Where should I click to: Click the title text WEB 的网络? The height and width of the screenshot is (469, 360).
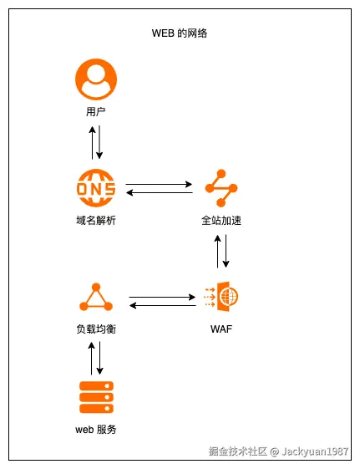(180, 33)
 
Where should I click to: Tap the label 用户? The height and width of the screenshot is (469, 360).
(95, 111)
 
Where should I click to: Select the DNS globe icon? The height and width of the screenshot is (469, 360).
(95, 188)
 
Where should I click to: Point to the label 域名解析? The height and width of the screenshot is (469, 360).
(95, 221)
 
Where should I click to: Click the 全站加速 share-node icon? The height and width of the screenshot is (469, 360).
(221, 188)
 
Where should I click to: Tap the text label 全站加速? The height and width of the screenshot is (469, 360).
(221, 221)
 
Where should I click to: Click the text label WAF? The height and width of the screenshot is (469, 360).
(221, 329)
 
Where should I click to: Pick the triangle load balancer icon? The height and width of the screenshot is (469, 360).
(95, 298)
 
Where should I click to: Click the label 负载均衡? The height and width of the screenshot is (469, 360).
(95, 329)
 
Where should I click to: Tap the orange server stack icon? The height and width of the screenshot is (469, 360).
(95, 397)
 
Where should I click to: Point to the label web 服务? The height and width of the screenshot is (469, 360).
(95, 430)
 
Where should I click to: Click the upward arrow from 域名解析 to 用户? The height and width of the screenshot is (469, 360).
(91, 142)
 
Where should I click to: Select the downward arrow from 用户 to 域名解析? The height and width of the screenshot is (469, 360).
(100, 142)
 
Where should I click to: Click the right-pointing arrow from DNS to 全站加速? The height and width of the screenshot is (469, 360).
(159, 184)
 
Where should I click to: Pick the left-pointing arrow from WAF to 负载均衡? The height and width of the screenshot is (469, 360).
(162, 305)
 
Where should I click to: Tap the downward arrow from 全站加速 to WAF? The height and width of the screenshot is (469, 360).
(226, 251)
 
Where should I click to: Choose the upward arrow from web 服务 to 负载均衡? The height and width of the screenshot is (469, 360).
(91, 357)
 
